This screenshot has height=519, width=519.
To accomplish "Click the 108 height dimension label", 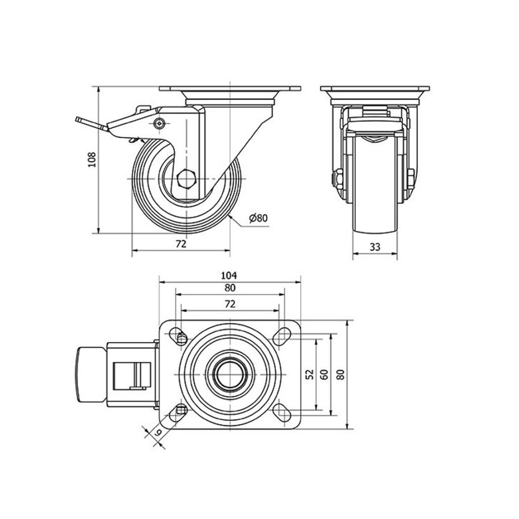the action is pyautogui.click(x=92, y=160).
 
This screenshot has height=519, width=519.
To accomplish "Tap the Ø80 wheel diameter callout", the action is pyautogui.click(x=258, y=218).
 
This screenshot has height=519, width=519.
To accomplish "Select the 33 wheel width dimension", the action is pyautogui.click(x=375, y=247).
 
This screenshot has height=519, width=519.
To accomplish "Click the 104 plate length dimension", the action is pyautogui.click(x=230, y=275).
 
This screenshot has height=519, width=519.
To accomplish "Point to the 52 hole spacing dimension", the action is pyautogui.click(x=310, y=375).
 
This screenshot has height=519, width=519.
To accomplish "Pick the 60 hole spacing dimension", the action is pyautogui.click(x=325, y=375).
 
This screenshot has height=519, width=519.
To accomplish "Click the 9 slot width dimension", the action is pyautogui.click(x=158, y=432).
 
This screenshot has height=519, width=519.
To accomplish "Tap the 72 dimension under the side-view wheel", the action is pyautogui.click(x=181, y=244).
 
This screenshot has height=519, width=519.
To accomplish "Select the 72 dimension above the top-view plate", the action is pyautogui.click(x=230, y=304).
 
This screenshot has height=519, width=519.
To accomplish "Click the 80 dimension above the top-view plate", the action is pyautogui.click(x=230, y=288).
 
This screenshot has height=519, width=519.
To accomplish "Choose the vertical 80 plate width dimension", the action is pyautogui.click(x=341, y=375).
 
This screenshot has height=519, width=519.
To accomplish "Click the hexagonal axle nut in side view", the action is pyautogui.click(x=187, y=179).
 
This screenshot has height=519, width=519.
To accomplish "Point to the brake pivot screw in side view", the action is pyautogui.click(x=160, y=123).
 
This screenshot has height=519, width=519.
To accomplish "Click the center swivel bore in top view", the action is pyautogui.click(x=230, y=375).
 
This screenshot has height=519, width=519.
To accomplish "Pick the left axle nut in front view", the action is pyautogui.click(x=339, y=179).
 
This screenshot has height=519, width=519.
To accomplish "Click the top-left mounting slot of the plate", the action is pyautogui.click(x=178, y=336).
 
